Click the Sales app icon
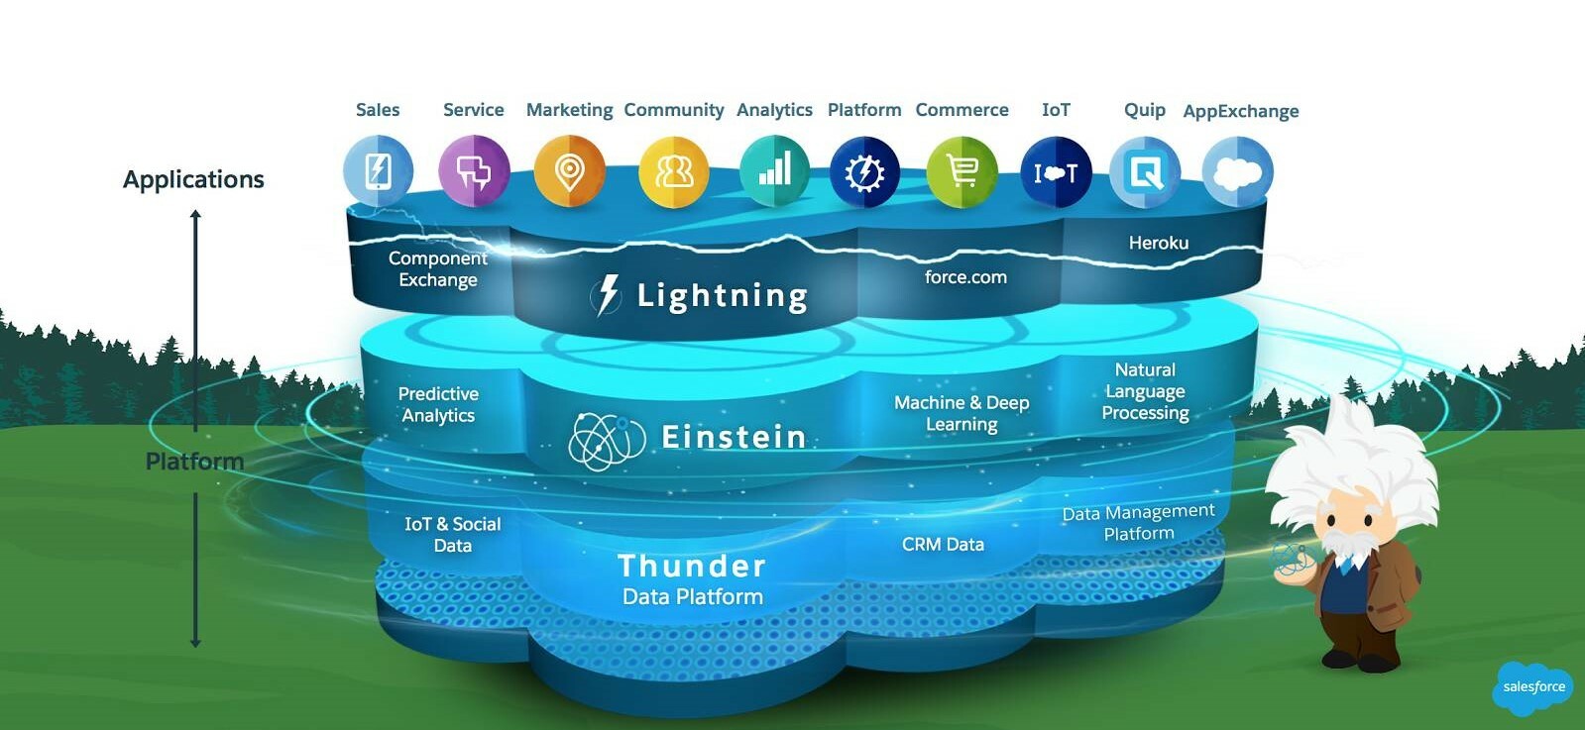coord(378,171)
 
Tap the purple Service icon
coord(474,171)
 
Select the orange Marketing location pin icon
coord(569,171)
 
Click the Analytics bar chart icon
coord(774,171)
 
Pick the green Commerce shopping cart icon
coord(962,171)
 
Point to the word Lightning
coord(722,295)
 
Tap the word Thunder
coord(692,566)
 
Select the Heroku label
coord(1158,243)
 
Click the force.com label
coord(965,277)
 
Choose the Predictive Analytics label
coord(438,404)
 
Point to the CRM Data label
coord(943,544)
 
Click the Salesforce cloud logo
coord(1532,687)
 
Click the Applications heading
coord(193,179)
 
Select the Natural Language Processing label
coord(1145,391)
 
